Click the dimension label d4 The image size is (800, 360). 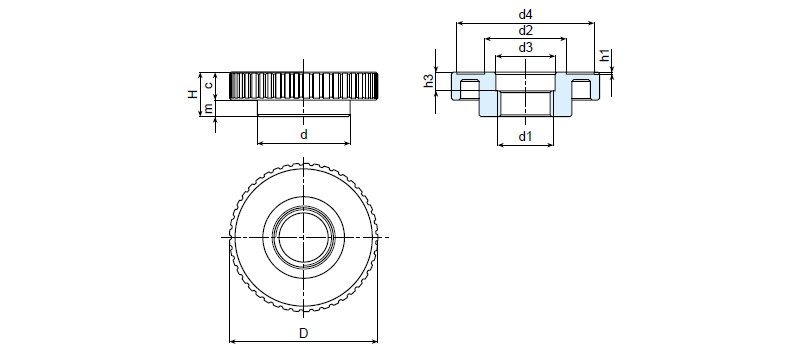(x=525, y=14)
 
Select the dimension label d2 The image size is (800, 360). (x=525, y=31)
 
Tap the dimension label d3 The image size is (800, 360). (x=525, y=47)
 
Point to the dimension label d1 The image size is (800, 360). (x=525, y=136)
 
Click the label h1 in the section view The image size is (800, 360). (x=605, y=56)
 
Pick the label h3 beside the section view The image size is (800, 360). (x=429, y=81)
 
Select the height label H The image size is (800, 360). (x=192, y=94)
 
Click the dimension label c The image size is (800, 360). (x=208, y=85)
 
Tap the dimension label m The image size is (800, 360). (x=208, y=108)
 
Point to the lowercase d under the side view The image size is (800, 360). (x=304, y=134)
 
